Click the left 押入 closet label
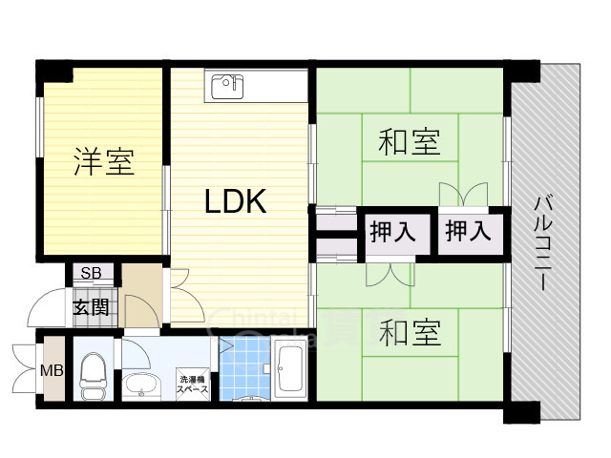[391, 232]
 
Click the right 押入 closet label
[468, 232]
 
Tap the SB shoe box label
[91, 274]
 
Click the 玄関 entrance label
[93, 308]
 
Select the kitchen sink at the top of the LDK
[227, 86]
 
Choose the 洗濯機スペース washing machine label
[194, 385]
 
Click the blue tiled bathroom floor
[246, 367]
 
